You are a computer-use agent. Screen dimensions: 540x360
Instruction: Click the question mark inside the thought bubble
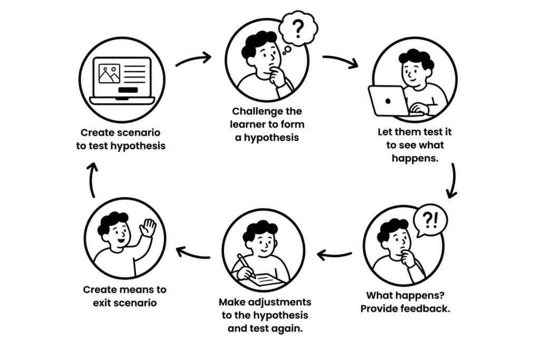(x=298, y=28)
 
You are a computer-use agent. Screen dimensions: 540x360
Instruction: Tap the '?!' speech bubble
(x=430, y=221)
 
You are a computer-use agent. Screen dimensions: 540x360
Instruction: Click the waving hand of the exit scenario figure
(x=148, y=228)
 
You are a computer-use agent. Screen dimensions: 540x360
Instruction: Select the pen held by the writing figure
(x=246, y=266)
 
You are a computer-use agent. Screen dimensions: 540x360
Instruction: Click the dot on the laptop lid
(x=388, y=101)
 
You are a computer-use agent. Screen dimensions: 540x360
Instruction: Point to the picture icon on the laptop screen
(x=109, y=74)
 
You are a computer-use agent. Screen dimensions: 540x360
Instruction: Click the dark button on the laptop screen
(x=128, y=90)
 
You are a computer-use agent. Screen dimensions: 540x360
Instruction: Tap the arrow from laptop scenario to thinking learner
(x=194, y=59)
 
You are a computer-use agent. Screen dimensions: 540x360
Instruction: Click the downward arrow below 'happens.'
(x=453, y=181)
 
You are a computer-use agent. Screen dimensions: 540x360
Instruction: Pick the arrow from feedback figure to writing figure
(x=334, y=255)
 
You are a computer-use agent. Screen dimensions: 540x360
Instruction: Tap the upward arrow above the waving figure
(x=92, y=180)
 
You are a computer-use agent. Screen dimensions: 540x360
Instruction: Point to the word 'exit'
(x=100, y=303)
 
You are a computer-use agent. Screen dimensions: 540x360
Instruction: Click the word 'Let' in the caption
(x=384, y=132)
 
